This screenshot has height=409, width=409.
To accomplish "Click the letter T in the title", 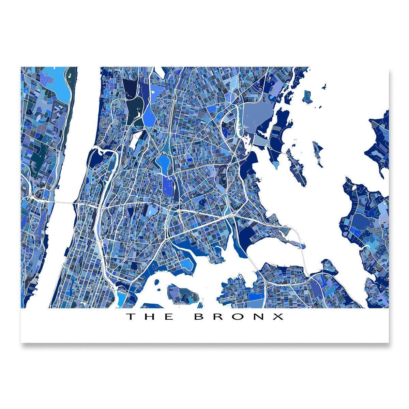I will (131, 317).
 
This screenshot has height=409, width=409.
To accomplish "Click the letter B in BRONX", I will (199, 317).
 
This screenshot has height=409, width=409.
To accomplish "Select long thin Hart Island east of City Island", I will (318, 153).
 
